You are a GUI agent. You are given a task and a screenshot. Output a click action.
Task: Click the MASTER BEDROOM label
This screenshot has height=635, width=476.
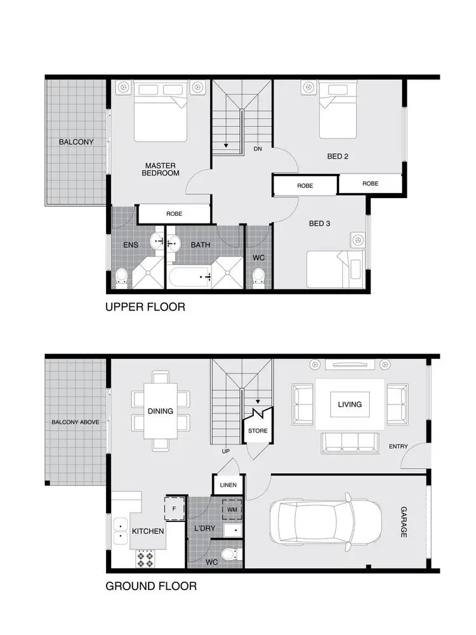161,169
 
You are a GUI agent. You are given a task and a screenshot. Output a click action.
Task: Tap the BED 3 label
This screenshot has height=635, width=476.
319,224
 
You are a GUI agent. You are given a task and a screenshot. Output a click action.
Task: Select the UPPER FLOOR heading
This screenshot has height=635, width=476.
145,307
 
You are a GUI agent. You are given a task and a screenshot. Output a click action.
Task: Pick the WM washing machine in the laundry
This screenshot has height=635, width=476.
231,509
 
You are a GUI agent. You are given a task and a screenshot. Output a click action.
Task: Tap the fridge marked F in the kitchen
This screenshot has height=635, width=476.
174,508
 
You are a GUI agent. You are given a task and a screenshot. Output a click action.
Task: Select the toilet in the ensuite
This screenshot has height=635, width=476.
122,277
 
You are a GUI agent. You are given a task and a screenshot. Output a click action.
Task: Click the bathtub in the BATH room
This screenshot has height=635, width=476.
189,276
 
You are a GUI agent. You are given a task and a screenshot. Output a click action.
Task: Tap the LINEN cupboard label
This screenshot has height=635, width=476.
227,485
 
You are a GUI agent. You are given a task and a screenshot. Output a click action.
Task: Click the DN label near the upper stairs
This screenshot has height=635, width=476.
258,149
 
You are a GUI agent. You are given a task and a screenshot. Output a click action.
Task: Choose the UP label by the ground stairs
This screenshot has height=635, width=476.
225,451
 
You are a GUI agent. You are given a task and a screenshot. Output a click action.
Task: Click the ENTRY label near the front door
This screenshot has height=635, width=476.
399,446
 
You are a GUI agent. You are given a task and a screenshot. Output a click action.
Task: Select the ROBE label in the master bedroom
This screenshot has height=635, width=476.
174,214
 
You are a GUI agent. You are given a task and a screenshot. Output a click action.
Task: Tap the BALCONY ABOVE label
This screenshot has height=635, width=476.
76,422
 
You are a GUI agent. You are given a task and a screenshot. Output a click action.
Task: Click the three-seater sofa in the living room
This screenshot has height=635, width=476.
348,442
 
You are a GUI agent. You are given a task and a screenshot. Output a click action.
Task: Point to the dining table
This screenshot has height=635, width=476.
161,411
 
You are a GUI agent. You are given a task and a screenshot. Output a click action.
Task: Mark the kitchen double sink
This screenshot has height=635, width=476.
118,532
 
